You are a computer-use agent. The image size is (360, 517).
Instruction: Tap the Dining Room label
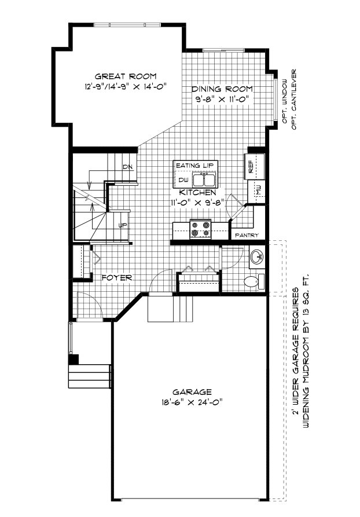click(x=223, y=89)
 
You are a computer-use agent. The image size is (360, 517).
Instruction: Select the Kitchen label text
click(x=197, y=192)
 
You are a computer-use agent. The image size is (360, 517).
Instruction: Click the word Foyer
click(x=117, y=277)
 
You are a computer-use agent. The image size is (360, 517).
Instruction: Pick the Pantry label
click(x=247, y=235)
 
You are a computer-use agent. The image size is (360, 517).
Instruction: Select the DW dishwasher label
click(x=183, y=181)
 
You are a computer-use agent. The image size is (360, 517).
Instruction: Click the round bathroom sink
click(x=256, y=256)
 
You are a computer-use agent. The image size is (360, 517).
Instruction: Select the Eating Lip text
click(x=195, y=166)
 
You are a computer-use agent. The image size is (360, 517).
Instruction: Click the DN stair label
click(x=127, y=167)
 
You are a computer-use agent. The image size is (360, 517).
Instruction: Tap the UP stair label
click(x=123, y=225)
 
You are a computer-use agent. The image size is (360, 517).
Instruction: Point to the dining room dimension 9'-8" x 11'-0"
click(x=222, y=99)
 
